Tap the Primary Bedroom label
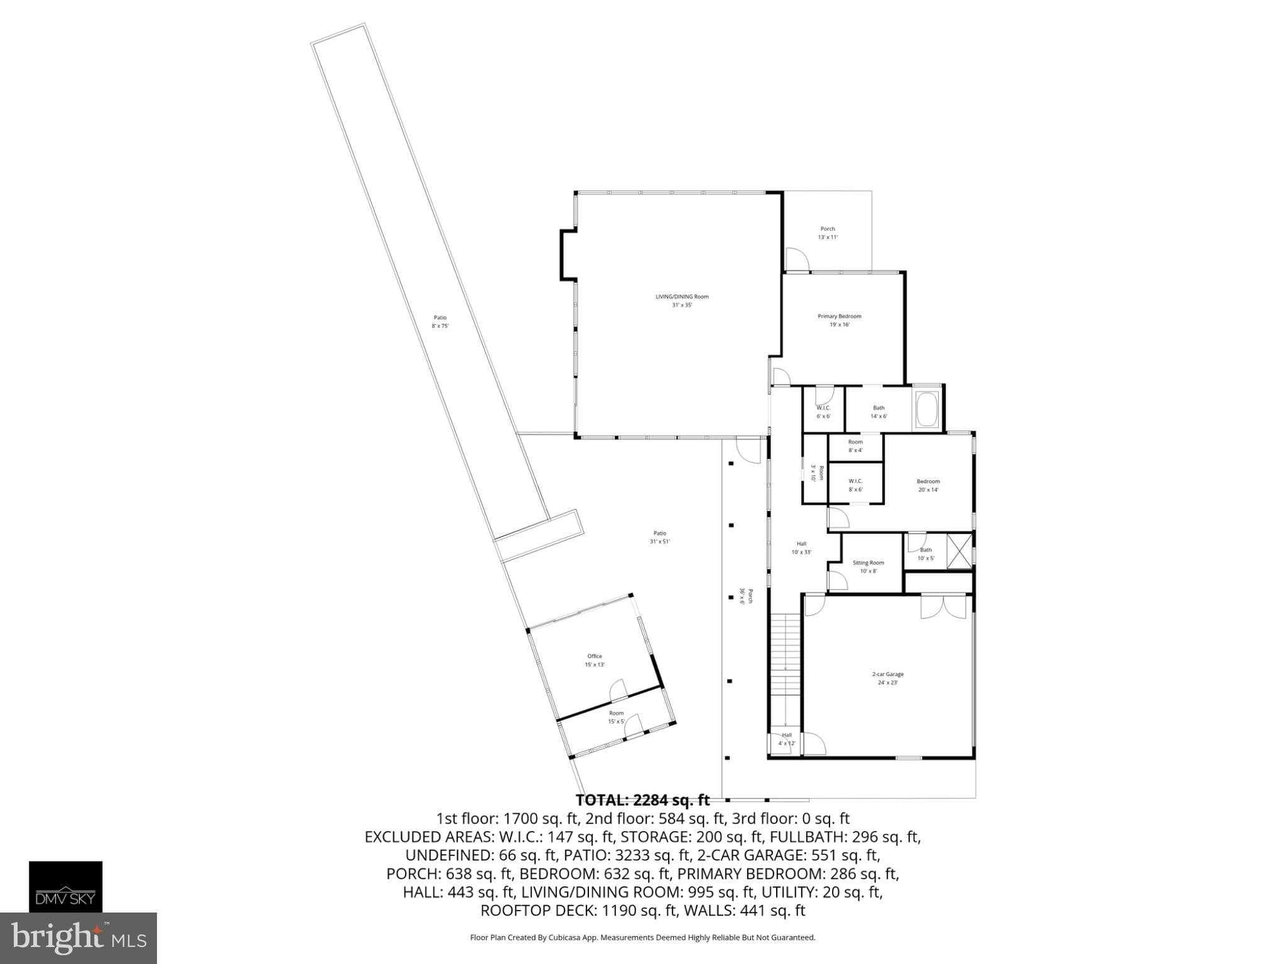(x=839, y=320)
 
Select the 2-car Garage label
(x=887, y=678)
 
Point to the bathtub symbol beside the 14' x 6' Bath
(x=927, y=409)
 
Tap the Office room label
(x=595, y=660)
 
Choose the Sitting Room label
(x=868, y=566)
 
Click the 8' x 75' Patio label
(x=440, y=321)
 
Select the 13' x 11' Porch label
(x=828, y=233)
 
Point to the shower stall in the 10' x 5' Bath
(x=958, y=550)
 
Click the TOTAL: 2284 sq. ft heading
(x=642, y=800)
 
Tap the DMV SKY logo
(x=65, y=886)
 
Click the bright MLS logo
(x=78, y=938)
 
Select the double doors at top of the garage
(x=943, y=608)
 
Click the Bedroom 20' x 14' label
(x=928, y=485)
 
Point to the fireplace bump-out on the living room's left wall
(x=568, y=254)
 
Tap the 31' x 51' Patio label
(x=659, y=537)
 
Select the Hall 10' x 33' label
(x=801, y=548)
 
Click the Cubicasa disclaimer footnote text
(x=642, y=938)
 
